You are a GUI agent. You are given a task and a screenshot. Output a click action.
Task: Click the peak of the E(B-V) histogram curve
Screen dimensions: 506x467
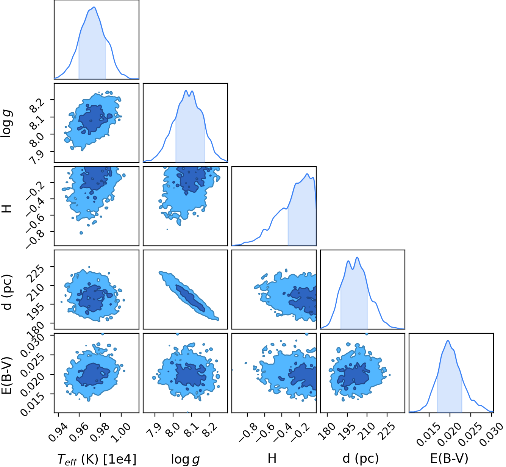448,340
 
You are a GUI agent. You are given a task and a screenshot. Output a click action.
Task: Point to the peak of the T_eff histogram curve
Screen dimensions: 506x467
94,7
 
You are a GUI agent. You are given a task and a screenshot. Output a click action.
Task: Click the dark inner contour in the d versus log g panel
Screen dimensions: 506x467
191,298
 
